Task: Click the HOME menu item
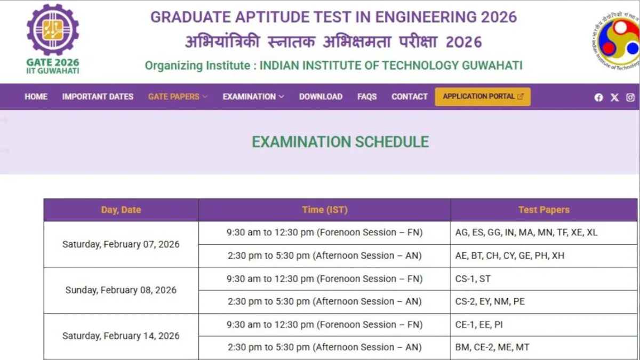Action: [36, 97]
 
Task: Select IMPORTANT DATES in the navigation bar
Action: [98, 97]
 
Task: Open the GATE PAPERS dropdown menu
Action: [178, 97]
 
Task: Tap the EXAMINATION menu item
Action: [253, 97]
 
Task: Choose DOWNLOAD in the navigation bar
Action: [321, 97]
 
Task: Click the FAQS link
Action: [367, 97]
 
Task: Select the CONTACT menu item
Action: [410, 97]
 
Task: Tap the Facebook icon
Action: [598, 98]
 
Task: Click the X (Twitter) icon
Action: [614, 98]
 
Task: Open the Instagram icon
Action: [630, 98]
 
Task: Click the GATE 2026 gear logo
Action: [53, 30]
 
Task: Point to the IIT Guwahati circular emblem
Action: [617, 40]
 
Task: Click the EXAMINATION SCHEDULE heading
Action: [340, 142]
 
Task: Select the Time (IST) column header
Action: [325, 210]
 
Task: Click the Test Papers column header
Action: [543, 210]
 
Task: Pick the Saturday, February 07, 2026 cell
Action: [121, 245]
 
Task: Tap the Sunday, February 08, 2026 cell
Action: [121, 290]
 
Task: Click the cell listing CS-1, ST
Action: [543, 279]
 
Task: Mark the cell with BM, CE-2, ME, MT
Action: [543, 347]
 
